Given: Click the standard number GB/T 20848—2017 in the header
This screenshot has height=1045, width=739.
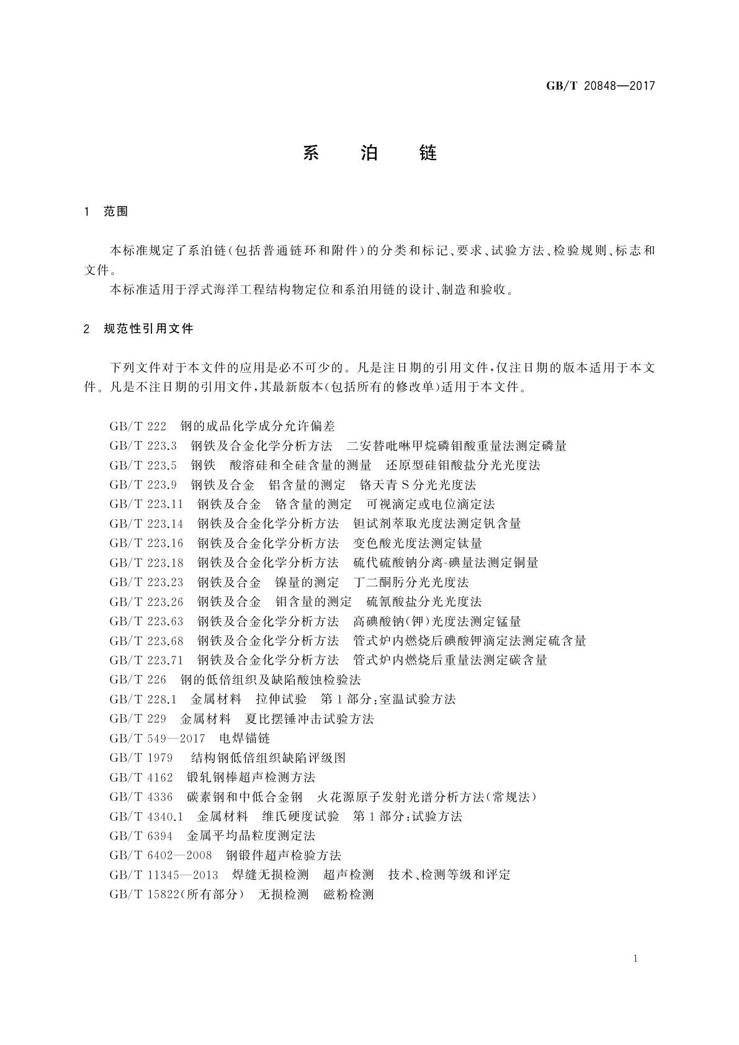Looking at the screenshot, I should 600,86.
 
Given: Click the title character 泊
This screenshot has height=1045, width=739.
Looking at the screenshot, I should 369,153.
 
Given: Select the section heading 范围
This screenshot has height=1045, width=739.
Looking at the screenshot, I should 115,212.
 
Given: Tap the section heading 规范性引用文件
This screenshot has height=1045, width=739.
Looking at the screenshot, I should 148,329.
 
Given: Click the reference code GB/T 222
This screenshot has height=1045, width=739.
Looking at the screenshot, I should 138,426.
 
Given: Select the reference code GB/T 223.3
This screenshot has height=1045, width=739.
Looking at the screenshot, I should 143,446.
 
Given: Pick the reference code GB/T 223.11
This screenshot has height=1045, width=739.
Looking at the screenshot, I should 146,504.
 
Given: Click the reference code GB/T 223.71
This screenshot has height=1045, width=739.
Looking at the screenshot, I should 146,660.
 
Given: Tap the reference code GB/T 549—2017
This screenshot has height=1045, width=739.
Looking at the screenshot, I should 157,738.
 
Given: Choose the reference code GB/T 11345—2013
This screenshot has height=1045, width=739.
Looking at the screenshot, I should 164,874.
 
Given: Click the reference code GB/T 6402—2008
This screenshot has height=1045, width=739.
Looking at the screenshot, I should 160,855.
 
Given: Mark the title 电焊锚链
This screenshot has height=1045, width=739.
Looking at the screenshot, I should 244,738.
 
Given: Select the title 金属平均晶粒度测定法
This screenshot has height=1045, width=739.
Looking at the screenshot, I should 251,836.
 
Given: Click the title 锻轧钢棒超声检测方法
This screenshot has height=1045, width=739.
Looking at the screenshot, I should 251,777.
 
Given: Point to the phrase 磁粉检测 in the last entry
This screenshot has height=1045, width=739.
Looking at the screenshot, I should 348,894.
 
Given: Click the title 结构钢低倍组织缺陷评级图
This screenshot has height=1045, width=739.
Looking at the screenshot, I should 268,758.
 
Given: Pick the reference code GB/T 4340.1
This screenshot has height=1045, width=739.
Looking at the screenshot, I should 146,816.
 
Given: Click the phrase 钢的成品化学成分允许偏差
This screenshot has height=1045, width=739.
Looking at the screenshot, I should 258,426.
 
